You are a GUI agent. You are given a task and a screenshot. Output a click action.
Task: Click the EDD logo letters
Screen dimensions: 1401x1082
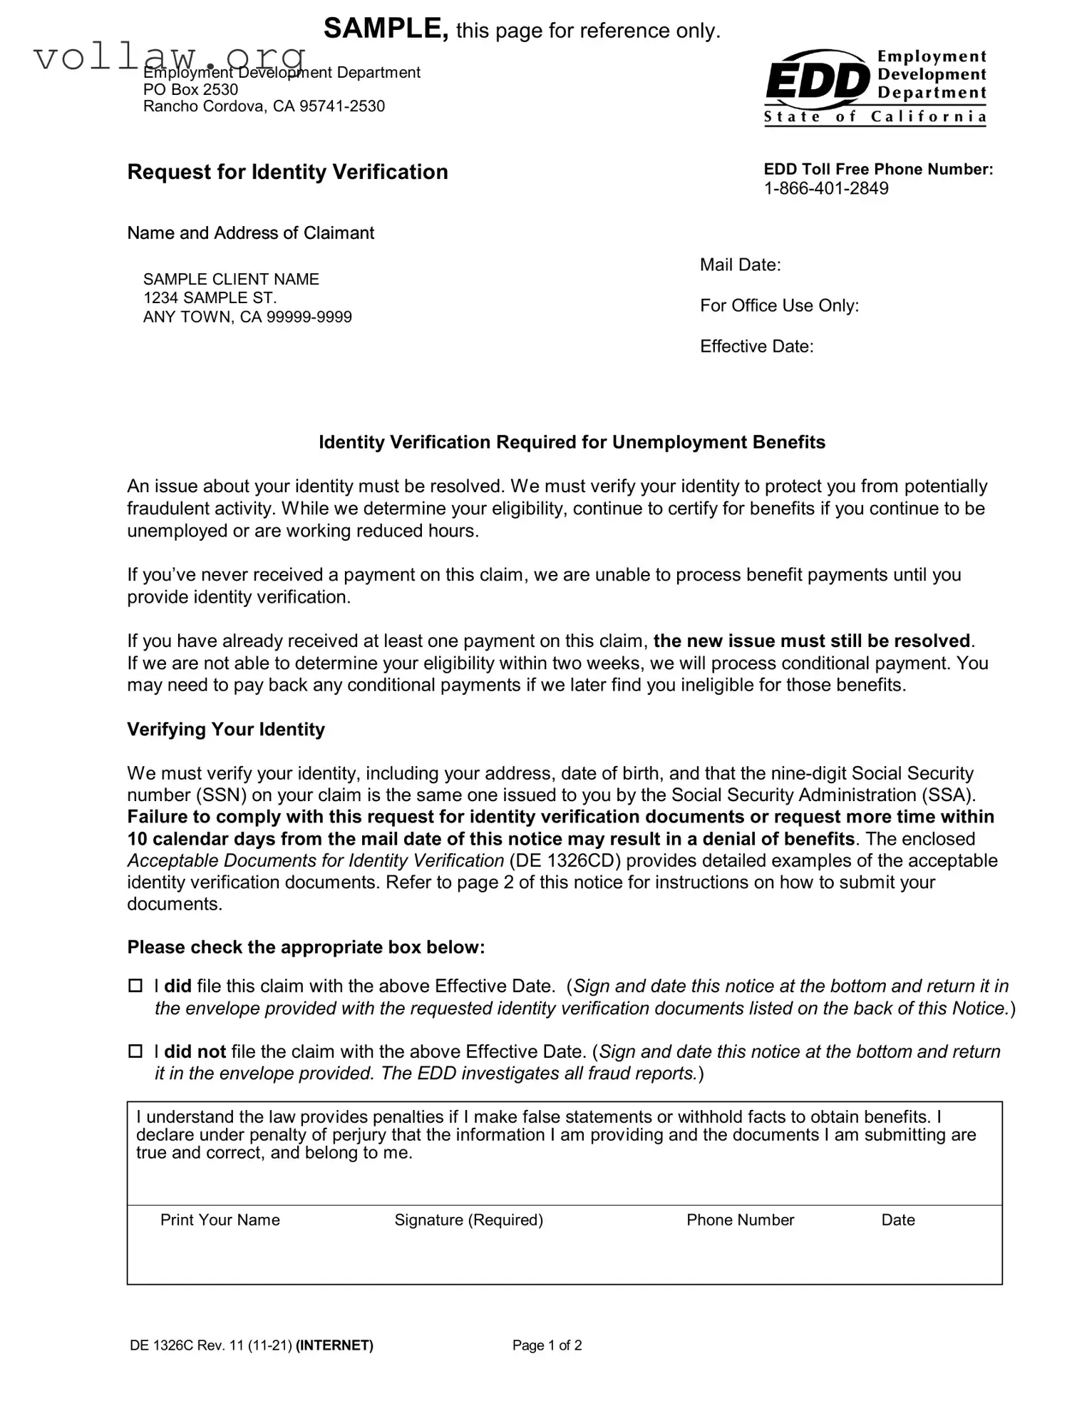point(817,81)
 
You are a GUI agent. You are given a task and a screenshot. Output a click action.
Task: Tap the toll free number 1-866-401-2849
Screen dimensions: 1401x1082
point(825,188)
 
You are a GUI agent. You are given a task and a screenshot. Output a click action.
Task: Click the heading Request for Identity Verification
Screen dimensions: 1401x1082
point(287,172)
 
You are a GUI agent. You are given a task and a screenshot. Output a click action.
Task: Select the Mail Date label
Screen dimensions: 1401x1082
point(740,265)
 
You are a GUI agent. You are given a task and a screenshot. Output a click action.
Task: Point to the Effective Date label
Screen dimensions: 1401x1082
point(756,347)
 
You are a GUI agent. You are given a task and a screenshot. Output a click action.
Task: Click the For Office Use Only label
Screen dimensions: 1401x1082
point(779,305)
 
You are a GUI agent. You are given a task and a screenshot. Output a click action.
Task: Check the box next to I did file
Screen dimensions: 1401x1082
point(135,986)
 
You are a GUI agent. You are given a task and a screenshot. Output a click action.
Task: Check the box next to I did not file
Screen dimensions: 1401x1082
point(135,1051)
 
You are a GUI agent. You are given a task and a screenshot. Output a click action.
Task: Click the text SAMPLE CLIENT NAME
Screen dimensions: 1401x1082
point(231,279)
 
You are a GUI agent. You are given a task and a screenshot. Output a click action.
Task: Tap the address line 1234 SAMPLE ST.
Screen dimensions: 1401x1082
point(210,297)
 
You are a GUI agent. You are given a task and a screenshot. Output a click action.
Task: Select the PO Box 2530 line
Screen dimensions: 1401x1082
point(190,89)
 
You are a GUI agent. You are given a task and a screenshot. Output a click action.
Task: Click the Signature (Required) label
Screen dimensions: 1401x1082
point(468,1220)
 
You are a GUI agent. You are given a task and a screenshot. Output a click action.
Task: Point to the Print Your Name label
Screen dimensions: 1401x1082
point(220,1220)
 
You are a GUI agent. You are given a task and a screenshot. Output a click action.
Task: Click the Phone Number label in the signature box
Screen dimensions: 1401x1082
point(740,1220)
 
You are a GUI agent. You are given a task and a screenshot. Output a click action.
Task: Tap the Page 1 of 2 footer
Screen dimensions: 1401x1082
point(547,1345)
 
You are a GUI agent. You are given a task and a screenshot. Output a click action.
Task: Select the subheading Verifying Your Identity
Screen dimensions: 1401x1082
point(225,729)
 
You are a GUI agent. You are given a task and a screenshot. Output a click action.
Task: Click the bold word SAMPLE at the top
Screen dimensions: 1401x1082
point(386,29)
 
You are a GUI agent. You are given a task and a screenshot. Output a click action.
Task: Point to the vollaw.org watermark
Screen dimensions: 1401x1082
point(170,56)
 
